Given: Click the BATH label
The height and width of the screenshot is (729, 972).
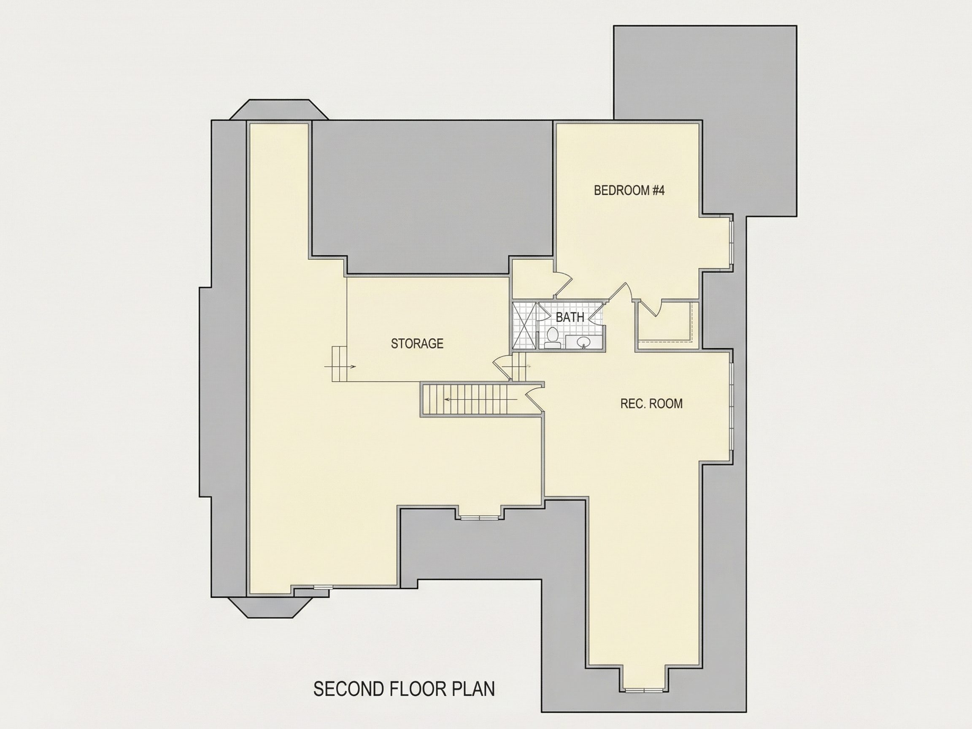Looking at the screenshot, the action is [x=570, y=317].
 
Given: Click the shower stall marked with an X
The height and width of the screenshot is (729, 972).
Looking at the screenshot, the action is [x=525, y=326].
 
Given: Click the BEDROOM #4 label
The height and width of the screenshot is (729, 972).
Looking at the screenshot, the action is [x=629, y=190].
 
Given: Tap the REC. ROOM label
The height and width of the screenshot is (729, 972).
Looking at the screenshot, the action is [x=651, y=403].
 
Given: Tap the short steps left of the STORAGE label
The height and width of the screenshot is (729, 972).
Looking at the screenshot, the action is [x=340, y=364].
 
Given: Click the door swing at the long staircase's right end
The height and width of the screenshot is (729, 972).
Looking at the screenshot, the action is [x=533, y=397].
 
